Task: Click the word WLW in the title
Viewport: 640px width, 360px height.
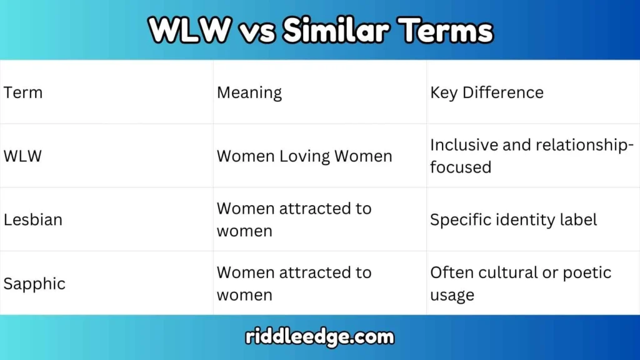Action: (188, 30)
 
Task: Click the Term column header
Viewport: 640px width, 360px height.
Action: (23, 92)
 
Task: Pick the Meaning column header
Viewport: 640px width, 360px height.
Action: (249, 92)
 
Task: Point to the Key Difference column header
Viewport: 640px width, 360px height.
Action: (487, 92)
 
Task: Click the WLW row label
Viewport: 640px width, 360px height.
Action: (22, 156)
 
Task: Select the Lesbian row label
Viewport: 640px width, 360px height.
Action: (33, 220)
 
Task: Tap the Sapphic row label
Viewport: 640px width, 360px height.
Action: (34, 284)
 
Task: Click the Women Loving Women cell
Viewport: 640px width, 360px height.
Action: (304, 156)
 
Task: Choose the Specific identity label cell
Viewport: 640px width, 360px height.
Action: (514, 220)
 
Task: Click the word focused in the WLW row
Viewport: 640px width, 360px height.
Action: (461, 167)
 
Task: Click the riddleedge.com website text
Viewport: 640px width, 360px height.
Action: (320, 337)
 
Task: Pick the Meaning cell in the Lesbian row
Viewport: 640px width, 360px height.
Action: (294, 219)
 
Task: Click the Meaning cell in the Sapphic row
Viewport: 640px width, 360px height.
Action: (294, 284)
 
